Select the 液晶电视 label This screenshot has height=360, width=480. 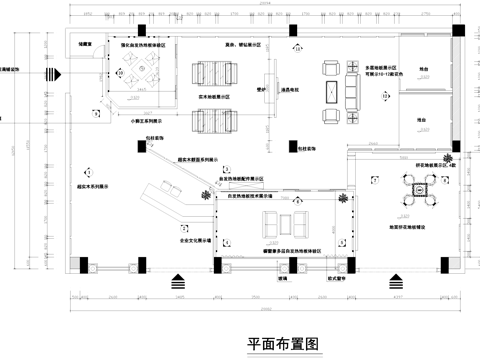(292, 90)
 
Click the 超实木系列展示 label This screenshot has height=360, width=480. (93, 185)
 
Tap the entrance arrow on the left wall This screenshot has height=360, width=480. (52, 75)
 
